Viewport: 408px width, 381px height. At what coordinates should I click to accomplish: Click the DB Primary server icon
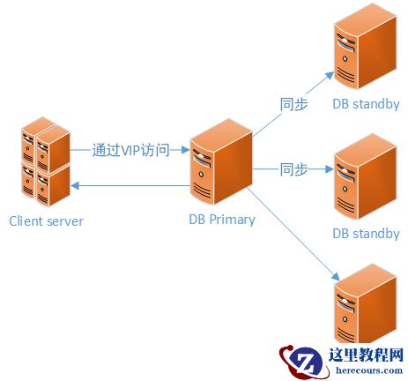coord(219,165)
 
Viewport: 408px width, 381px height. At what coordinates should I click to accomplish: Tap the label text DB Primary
coord(222,220)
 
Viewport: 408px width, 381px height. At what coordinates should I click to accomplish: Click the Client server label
coord(46,220)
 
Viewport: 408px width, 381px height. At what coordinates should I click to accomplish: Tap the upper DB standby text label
coord(366,104)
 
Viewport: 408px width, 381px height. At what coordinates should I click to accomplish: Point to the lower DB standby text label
coord(366,234)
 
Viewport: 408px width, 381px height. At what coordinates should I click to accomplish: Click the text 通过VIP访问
coord(130,150)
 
